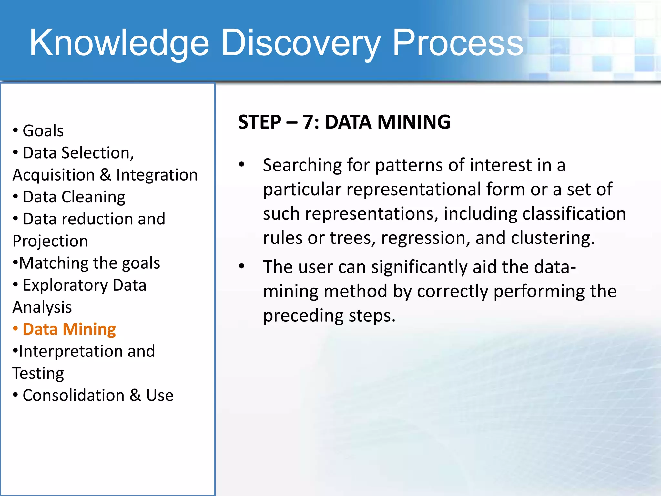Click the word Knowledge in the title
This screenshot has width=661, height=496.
pyautogui.click(x=119, y=43)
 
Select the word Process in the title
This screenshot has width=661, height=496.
pyautogui.click(x=457, y=43)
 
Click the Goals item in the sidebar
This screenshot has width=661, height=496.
pyautogui.click(x=43, y=131)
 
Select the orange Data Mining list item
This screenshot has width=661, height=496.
pyautogui.click(x=69, y=329)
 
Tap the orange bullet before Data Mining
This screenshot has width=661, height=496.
pyautogui.click(x=15, y=329)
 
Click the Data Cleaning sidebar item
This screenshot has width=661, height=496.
pyautogui.click(x=74, y=197)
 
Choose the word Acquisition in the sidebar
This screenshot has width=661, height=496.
pyautogui.click(x=54, y=175)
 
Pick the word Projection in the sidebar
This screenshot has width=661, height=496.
pyautogui.click(x=50, y=241)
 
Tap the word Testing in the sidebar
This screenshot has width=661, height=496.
pyautogui.click(x=38, y=374)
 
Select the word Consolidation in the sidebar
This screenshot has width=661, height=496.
pyautogui.click(x=74, y=396)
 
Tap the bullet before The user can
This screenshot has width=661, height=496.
pyautogui.click(x=242, y=266)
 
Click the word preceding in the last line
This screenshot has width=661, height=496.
pyautogui.click(x=303, y=315)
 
